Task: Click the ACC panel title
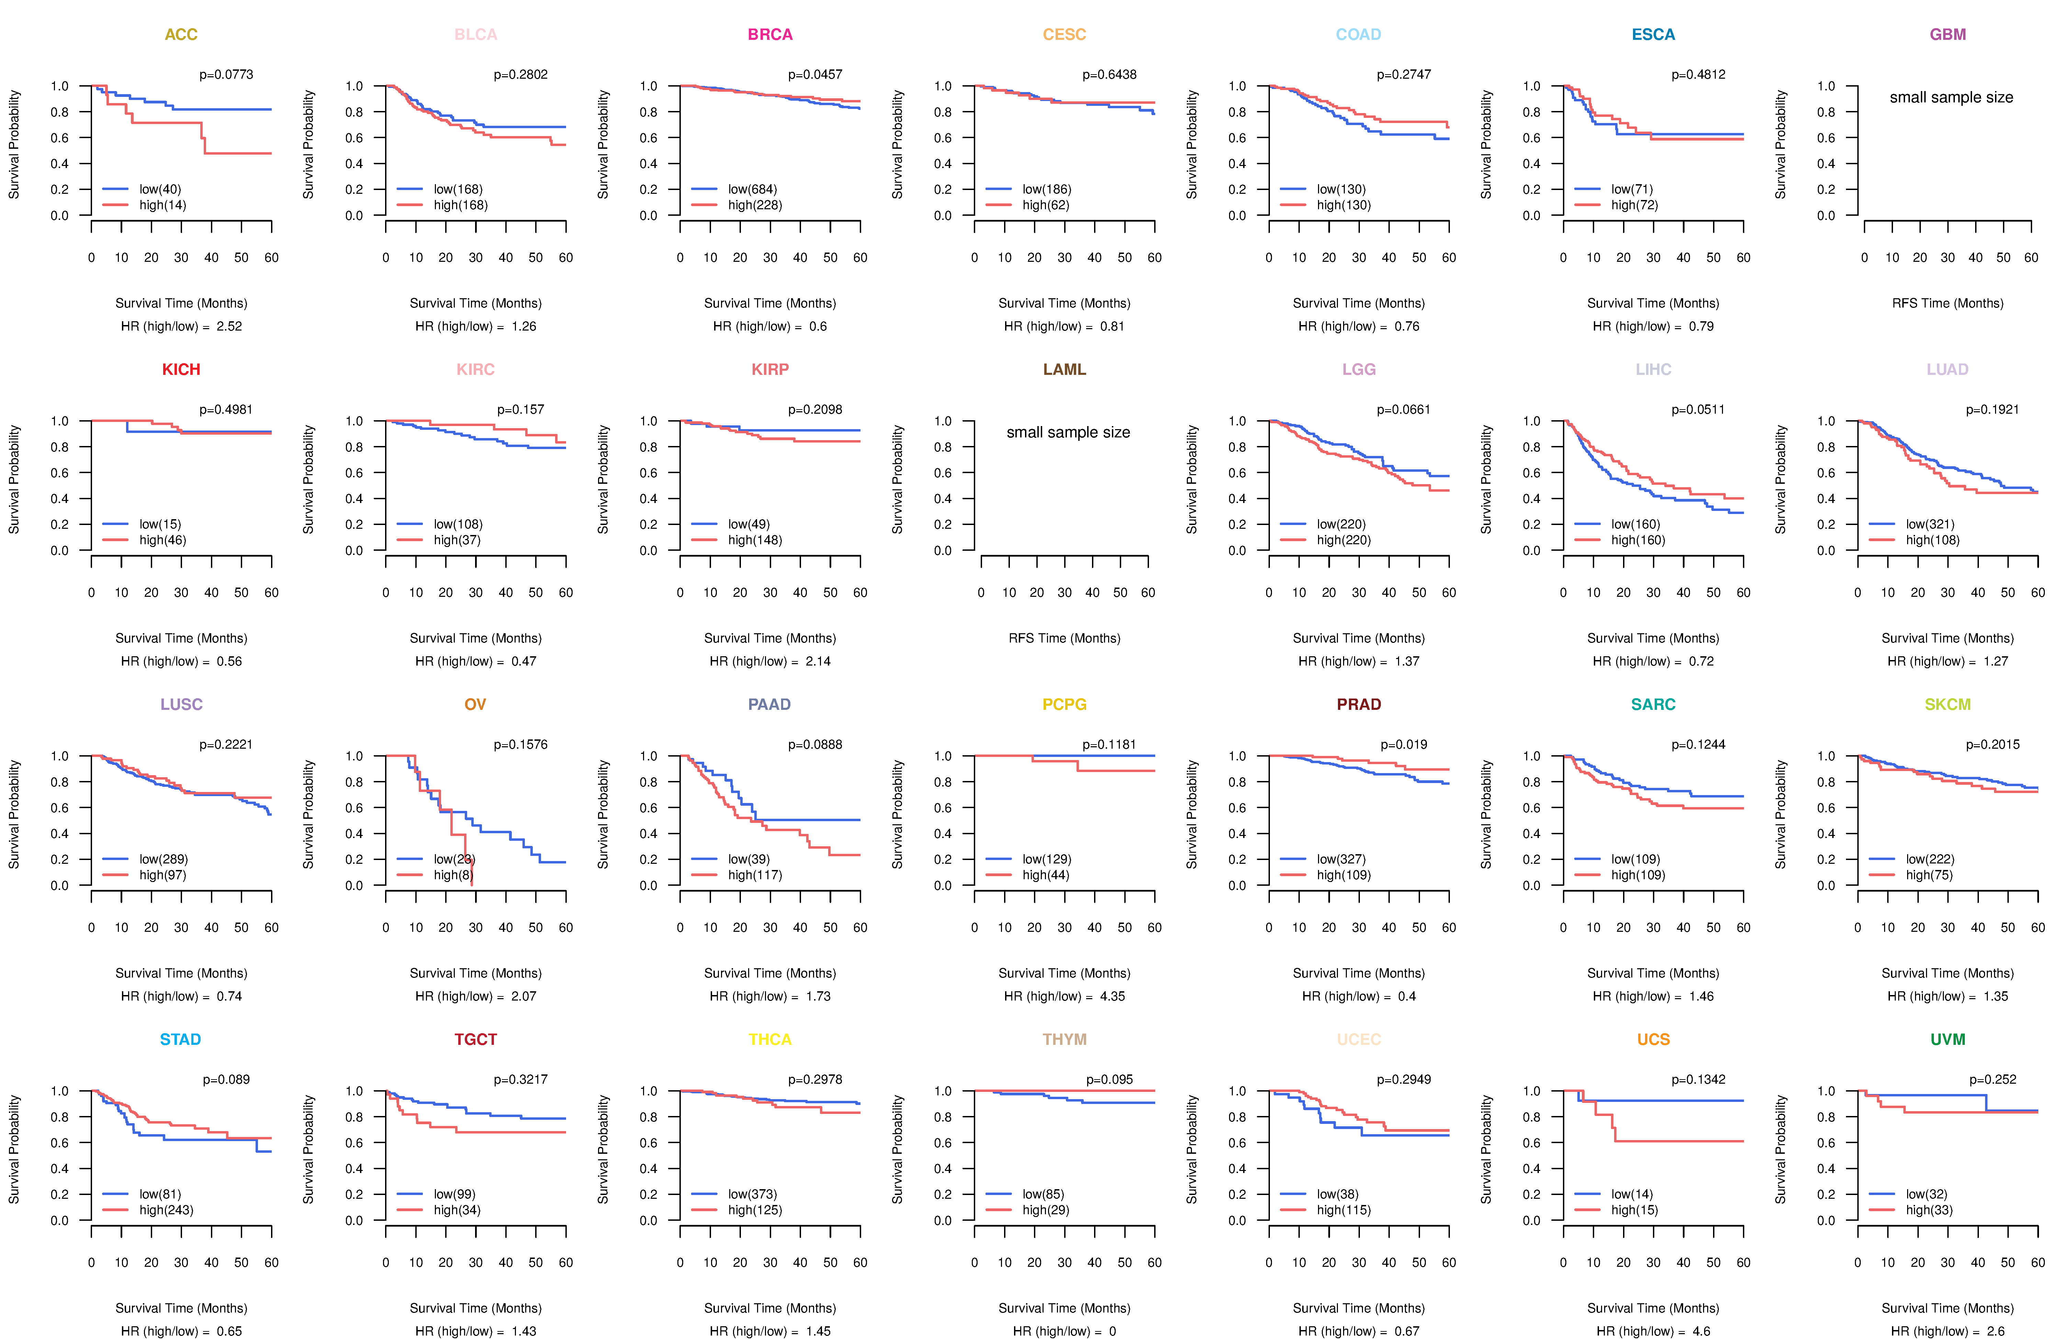(x=181, y=35)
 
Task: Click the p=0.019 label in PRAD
(x=1404, y=744)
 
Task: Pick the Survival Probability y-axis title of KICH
(x=14, y=479)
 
